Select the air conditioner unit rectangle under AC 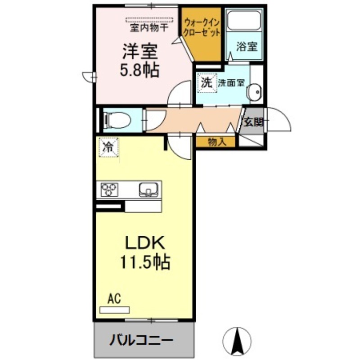click(114, 310)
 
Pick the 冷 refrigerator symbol click(108, 147)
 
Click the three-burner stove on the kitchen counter click(109, 189)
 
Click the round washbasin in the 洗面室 click(254, 91)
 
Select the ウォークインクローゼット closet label click(201, 27)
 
